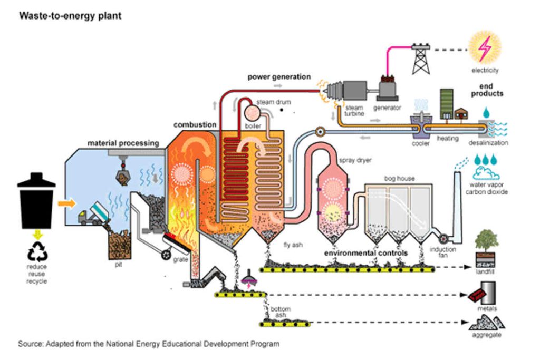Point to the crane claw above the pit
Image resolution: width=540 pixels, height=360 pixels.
point(122,177)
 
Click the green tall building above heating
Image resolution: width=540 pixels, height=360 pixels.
point(446,103)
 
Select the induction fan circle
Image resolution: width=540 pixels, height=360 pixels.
point(441,238)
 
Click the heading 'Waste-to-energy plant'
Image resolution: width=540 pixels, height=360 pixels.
point(70,16)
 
